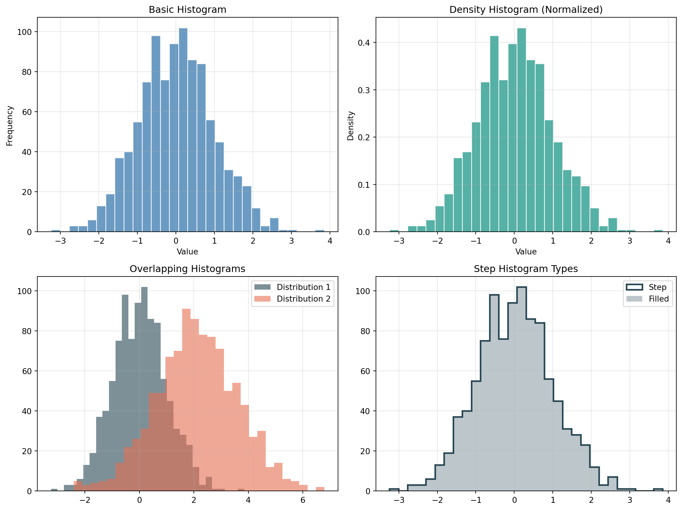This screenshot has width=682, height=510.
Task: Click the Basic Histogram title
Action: [x=188, y=10]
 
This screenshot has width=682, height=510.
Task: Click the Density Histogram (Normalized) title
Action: [x=526, y=10]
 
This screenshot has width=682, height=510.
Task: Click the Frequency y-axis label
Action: [x=10, y=126]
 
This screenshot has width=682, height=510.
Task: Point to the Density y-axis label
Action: [x=350, y=126]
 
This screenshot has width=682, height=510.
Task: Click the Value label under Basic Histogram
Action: [x=188, y=252]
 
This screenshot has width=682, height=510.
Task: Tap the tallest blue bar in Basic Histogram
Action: [x=183, y=130]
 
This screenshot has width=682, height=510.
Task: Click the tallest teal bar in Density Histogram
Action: [x=521, y=130]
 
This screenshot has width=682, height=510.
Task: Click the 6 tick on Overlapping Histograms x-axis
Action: [x=303, y=500]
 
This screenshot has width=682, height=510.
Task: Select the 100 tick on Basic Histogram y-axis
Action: [x=24, y=32]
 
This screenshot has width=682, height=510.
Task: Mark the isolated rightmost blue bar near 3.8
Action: [x=320, y=231]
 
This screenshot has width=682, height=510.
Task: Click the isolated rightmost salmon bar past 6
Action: [x=320, y=489]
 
